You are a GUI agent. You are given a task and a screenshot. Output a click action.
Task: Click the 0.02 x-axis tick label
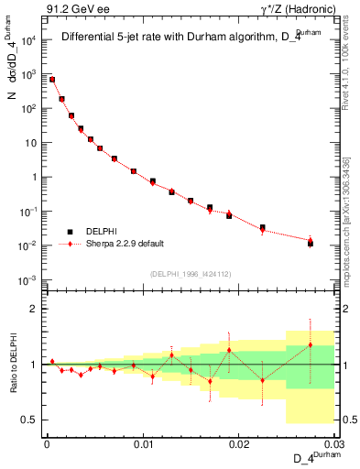pyautogui.click(x=238, y=444)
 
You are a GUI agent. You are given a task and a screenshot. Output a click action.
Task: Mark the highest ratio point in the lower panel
pyautogui.click(x=311, y=345)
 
